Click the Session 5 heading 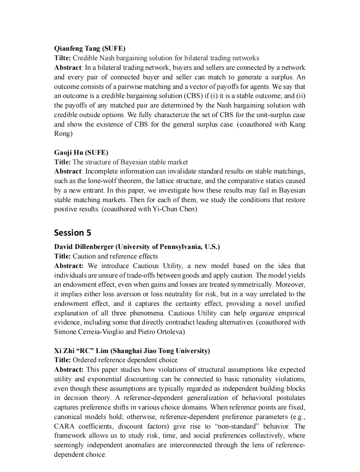[x=72, y=233]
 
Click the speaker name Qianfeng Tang [x=77, y=48]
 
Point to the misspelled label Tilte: [x=62, y=58]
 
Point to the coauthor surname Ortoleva [x=170, y=332]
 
